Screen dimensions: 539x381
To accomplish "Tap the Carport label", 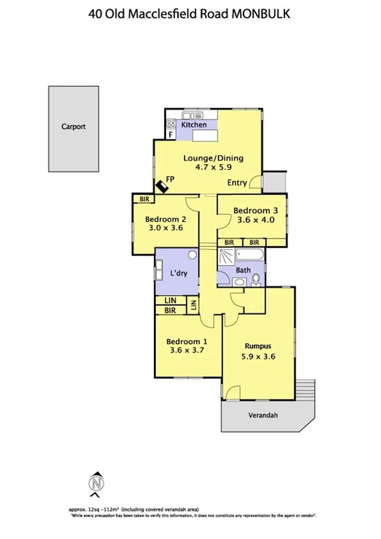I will [x=73, y=126].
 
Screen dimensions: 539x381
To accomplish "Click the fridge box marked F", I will [x=171, y=134].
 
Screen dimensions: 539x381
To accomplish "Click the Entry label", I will [x=237, y=183].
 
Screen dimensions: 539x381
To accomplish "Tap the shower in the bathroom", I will [x=226, y=257].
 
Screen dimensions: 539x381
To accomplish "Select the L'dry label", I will [x=177, y=273].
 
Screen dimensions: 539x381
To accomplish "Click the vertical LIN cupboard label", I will [x=193, y=305].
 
